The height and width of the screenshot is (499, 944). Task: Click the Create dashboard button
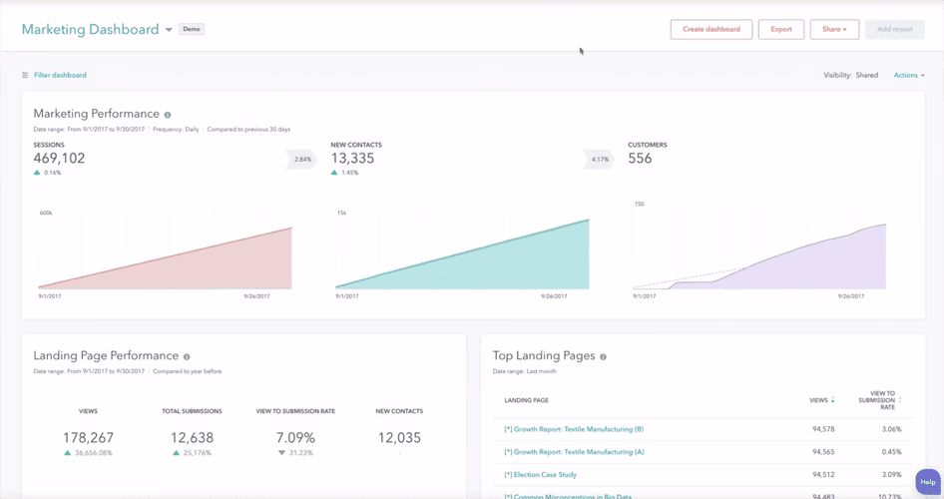710,29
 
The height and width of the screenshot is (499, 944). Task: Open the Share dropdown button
834,29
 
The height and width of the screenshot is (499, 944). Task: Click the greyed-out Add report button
895,29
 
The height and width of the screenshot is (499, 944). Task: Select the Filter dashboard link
59,75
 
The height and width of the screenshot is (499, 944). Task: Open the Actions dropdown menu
909,75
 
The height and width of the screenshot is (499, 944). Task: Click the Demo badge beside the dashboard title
192,29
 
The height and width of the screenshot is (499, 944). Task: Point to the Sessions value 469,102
59,159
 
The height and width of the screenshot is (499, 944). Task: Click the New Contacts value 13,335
353,159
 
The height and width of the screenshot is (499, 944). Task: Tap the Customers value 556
640,159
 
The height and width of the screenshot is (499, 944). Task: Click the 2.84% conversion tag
302,159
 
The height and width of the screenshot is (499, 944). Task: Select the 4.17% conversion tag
599,159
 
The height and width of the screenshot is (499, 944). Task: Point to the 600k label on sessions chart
46,213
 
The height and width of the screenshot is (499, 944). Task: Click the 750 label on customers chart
639,204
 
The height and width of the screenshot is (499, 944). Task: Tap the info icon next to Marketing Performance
168,115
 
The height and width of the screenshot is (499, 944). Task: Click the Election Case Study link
540,475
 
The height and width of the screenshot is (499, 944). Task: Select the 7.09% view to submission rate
295,437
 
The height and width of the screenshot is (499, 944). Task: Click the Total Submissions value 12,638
192,437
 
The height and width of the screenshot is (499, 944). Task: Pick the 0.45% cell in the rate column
891,452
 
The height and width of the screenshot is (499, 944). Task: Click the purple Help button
927,482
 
